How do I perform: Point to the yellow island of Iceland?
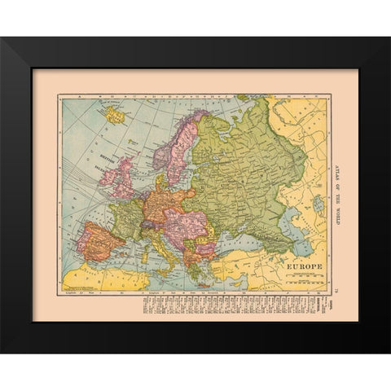(x=113, y=116)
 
